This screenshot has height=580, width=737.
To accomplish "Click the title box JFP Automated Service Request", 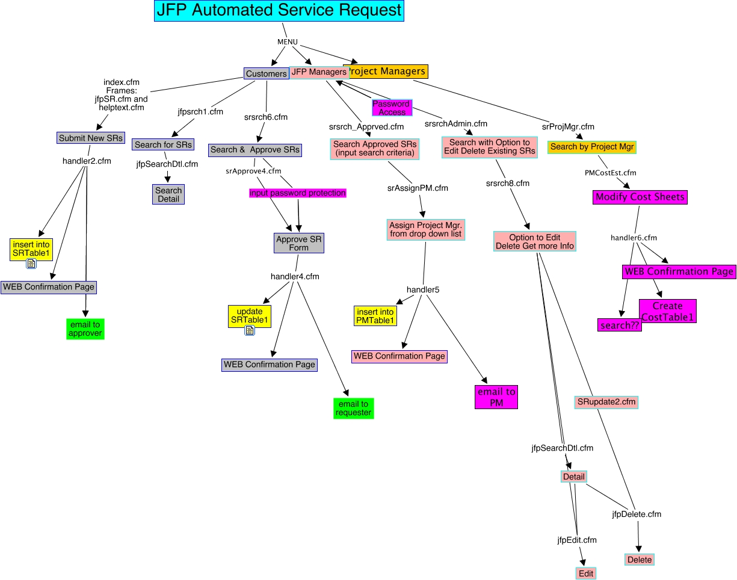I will click(279, 11).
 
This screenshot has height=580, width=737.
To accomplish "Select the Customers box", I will click(267, 73).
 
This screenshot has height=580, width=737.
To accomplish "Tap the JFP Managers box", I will click(319, 72).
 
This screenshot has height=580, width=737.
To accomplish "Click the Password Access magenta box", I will click(392, 108).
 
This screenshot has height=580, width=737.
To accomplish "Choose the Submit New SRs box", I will click(90, 138).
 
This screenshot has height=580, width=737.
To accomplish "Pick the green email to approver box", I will click(85, 329).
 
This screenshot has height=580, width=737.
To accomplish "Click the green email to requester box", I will click(354, 409).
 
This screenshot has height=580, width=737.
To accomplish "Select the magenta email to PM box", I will click(496, 397).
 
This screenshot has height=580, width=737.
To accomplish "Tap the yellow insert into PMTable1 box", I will click(375, 316).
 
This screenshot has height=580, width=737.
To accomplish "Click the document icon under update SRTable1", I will click(250, 330).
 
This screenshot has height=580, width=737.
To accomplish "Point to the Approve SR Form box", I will click(299, 243).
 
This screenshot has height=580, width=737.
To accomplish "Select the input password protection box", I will click(298, 193).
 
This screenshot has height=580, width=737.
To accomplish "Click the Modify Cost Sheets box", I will click(640, 197).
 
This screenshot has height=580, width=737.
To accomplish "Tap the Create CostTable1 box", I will click(668, 311).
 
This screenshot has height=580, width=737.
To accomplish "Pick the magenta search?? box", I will click(620, 325).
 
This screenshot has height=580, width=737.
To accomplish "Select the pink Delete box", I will click(640, 560).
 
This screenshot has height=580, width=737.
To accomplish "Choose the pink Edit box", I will click(586, 573).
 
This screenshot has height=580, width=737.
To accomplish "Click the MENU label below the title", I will click(288, 42).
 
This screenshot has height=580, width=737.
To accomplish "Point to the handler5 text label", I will click(423, 290).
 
